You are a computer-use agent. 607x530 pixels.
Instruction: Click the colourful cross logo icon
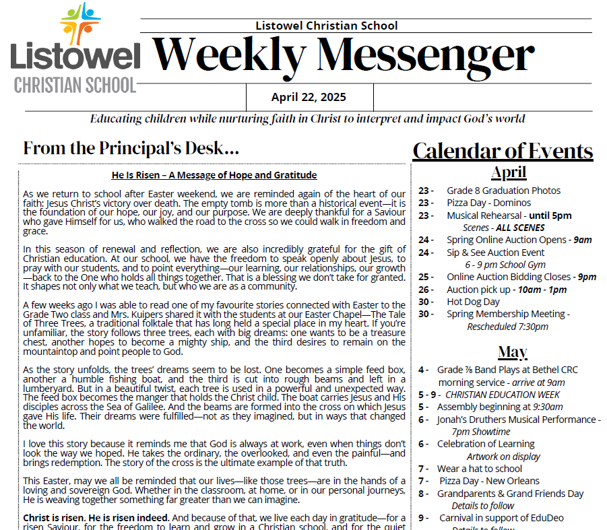80,24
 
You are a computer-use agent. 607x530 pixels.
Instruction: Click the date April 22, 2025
309,97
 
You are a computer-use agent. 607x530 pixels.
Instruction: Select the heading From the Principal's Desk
131,148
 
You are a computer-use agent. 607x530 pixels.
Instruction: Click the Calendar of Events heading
503,150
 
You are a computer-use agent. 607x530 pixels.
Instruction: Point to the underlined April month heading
509,172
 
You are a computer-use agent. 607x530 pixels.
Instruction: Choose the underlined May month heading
513,352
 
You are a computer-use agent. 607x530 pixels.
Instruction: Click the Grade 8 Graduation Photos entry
503,191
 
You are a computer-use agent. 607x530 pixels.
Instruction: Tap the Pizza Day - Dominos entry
488,203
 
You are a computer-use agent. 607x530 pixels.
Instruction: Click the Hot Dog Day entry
473,302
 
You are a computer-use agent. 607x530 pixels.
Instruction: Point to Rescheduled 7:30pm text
507,327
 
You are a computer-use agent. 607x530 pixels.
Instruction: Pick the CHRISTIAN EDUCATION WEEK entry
503,395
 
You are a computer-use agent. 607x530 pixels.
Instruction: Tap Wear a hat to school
479,469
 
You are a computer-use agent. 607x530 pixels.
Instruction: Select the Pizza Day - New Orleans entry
489,481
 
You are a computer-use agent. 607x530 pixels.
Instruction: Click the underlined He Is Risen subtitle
214,176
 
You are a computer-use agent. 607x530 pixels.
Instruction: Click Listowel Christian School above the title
327,26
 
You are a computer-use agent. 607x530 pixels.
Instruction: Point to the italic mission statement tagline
307,119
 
